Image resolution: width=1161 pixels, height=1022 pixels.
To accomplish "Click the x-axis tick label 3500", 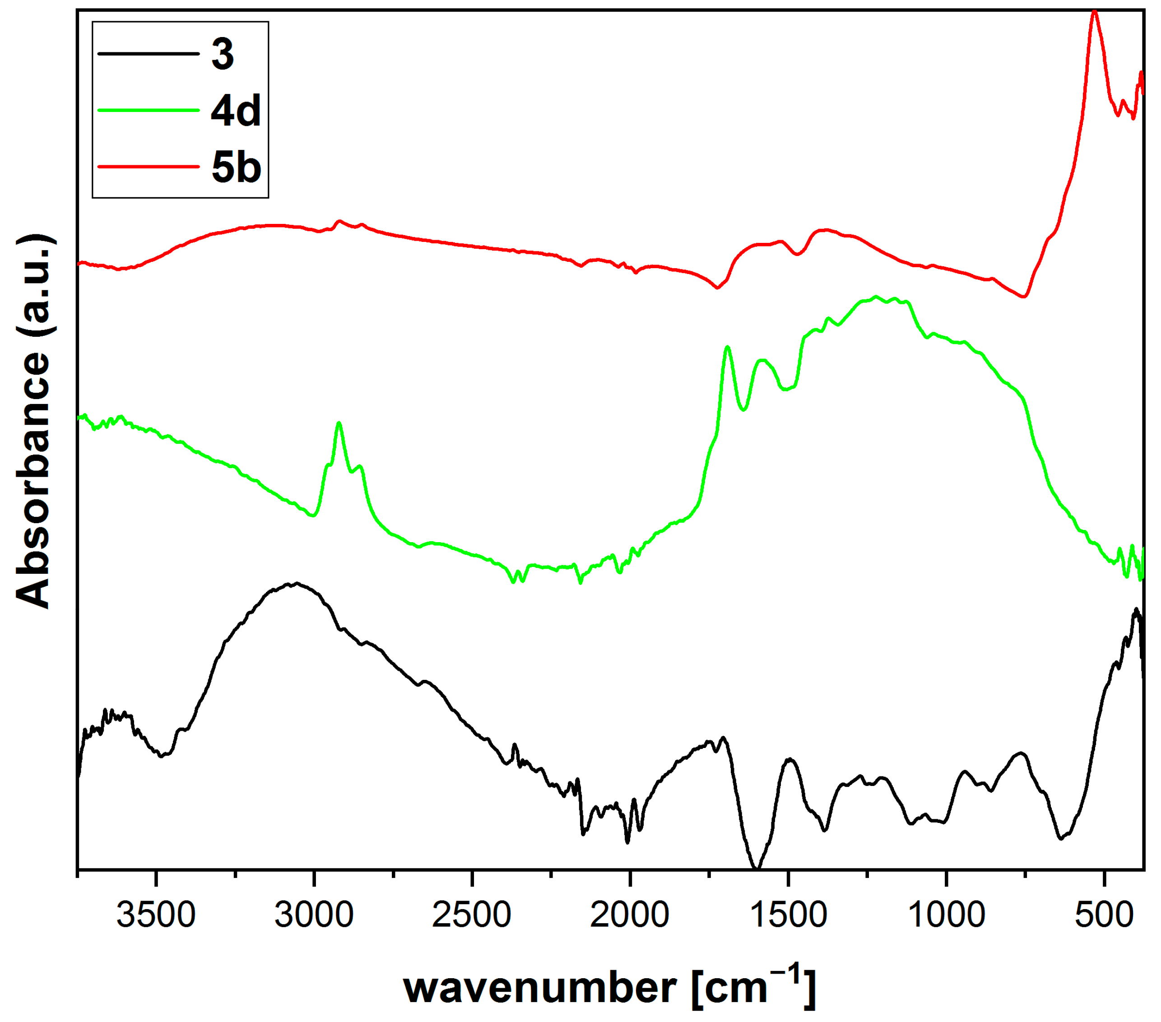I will click(156, 915).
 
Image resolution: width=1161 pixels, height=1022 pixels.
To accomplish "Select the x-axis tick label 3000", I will click(314, 915).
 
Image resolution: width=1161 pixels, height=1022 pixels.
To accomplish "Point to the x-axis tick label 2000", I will click(629, 915).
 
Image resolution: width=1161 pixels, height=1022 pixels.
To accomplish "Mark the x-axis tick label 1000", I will click(946, 915).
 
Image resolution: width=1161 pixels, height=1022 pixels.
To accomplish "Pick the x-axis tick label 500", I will click(1104, 915).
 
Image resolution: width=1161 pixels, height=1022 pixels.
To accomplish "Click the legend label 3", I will click(223, 55).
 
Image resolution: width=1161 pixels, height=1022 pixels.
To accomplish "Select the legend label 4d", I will click(236, 110).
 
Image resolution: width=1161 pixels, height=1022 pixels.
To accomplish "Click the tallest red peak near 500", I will click(1095, 13).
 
